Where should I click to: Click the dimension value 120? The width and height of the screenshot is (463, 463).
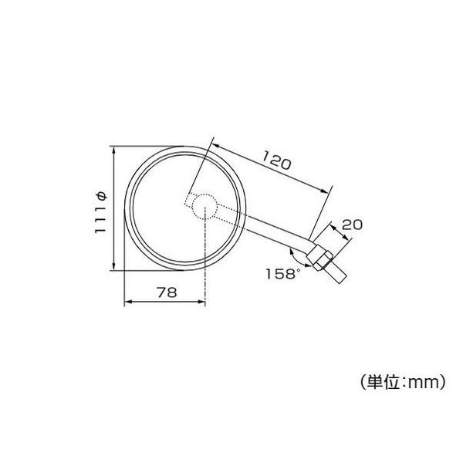click(x=275, y=162)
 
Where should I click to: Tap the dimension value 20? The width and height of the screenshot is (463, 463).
click(x=352, y=225)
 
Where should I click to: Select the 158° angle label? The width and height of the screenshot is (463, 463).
click(x=281, y=273)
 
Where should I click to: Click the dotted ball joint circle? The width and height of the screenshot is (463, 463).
click(x=204, y=208)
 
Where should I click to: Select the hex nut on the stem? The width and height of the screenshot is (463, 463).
click(x=320, y=254)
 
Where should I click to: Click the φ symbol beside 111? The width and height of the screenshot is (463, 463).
click(x=101, y=194)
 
